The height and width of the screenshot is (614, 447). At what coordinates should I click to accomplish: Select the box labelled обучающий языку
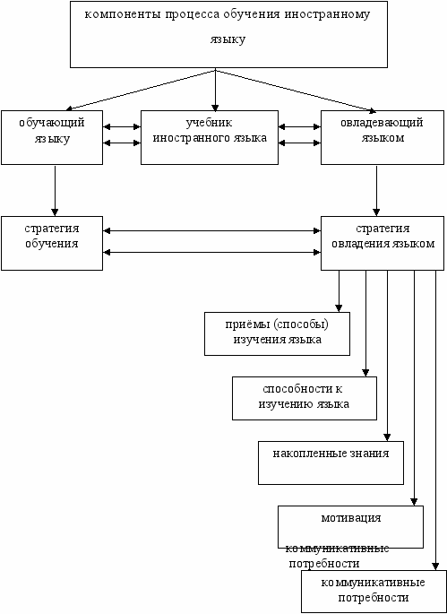coord(52,137)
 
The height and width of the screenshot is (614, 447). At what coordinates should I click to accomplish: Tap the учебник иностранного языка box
coord(210,137)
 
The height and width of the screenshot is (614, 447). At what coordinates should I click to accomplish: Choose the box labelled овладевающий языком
coord(383,137)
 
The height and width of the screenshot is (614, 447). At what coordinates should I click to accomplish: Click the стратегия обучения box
coord(52,243)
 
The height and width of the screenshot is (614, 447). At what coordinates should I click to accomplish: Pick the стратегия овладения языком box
coord(383,243)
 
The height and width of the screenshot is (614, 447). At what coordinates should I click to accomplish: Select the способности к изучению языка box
coord(305,398)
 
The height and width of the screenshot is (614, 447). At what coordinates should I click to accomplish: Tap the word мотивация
coord(351,518)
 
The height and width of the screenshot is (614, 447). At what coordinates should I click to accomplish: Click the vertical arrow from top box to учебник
coord(215,90)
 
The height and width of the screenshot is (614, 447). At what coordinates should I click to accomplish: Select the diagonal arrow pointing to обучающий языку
coord(141,90)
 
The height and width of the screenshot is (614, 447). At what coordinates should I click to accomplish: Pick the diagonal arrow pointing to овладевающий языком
coord(295,91)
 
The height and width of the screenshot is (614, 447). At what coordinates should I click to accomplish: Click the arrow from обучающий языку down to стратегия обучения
coord(55,191)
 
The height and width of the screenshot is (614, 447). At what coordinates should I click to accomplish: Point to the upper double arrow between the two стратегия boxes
coord(212,231)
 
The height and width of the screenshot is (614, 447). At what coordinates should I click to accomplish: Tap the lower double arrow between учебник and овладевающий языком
coord(300,143)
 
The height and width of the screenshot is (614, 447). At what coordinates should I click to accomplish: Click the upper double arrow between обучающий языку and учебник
coord(122,127)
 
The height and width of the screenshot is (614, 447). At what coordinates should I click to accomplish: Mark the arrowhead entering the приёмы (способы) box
coord(339,308)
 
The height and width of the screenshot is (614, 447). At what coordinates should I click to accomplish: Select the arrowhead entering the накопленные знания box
coord(387,437)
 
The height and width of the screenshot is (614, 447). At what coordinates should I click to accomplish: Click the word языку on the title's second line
coord(228,39)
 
